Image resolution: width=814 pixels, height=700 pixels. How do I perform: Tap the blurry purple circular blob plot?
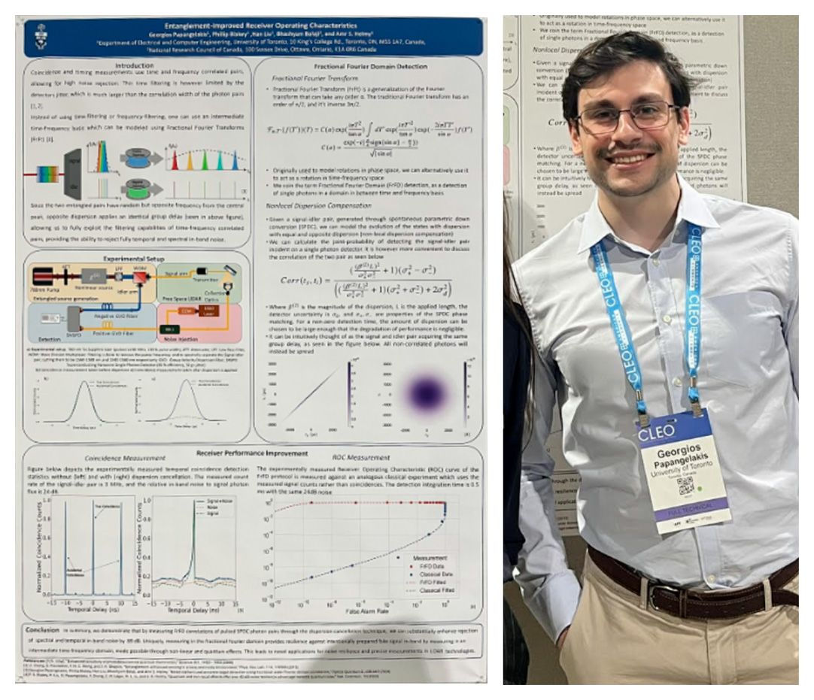click(x=427, y=393)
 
